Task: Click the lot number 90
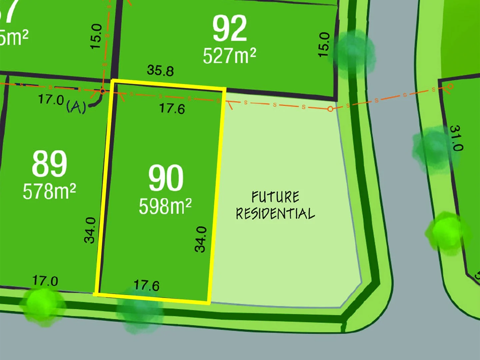point(166,178)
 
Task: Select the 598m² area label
point(165,206)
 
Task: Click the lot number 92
point(230,29)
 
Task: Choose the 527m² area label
point(229,55)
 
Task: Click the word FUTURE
point(275,197)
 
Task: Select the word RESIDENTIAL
point(275,214)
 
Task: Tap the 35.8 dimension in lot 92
point(160,70)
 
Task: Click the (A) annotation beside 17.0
point(76,107)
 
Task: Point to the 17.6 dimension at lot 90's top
point(172,108)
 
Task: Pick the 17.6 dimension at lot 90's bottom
point(146,285)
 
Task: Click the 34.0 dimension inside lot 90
point(201,239)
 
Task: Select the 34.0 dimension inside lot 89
point(90,230)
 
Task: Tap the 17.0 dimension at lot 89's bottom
point(45,281)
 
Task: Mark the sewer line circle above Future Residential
point(330,109)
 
